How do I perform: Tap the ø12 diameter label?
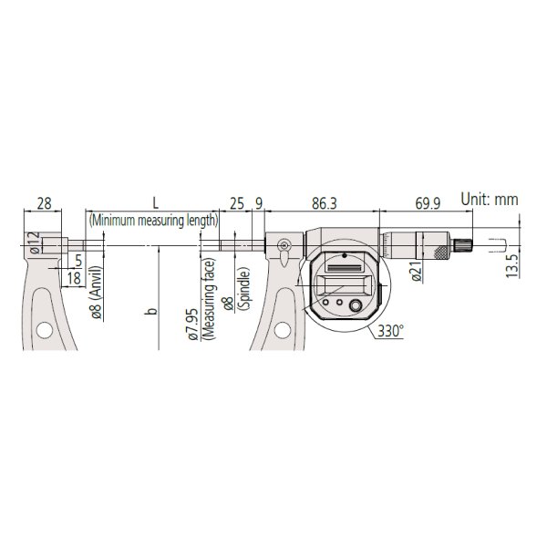[33, 243]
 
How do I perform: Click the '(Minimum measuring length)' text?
[153, 221]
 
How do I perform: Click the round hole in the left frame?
[41, 331]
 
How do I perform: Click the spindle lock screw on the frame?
[284, 244]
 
